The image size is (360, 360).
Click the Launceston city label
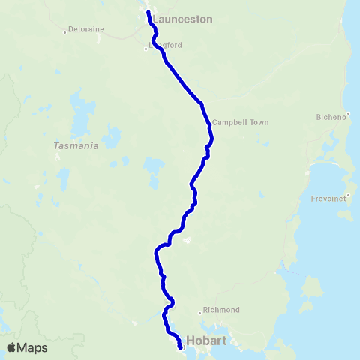pyautogui.click(x=182, y=19)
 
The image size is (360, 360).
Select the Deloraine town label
pyautogui.click(x=85, y=29)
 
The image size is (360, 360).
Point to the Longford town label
pyautogui.click(x=166, y=45)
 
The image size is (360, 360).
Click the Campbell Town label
pyautogui.click(x=240, y=122)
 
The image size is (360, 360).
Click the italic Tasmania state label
pyautogui.click(x=76, y=146)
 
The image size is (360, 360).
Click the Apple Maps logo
pyautogui.click(x=27, y=347)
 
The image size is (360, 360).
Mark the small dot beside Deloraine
pyautogui.click(x=65, y=31)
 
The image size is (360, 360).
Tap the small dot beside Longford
pyautogui.click(x=145, y=49)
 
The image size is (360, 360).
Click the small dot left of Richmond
pyautogui.click(x=199, y=311)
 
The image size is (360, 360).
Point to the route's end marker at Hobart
pyautogui.click(x=180, y=346)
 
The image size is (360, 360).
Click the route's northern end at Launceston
pyautogui.click(x=147, y=13)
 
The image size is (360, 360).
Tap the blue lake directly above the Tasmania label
pyautogui.click(x=77, y=105)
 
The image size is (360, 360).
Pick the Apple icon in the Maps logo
pyautogui.click(x=11, y=346)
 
